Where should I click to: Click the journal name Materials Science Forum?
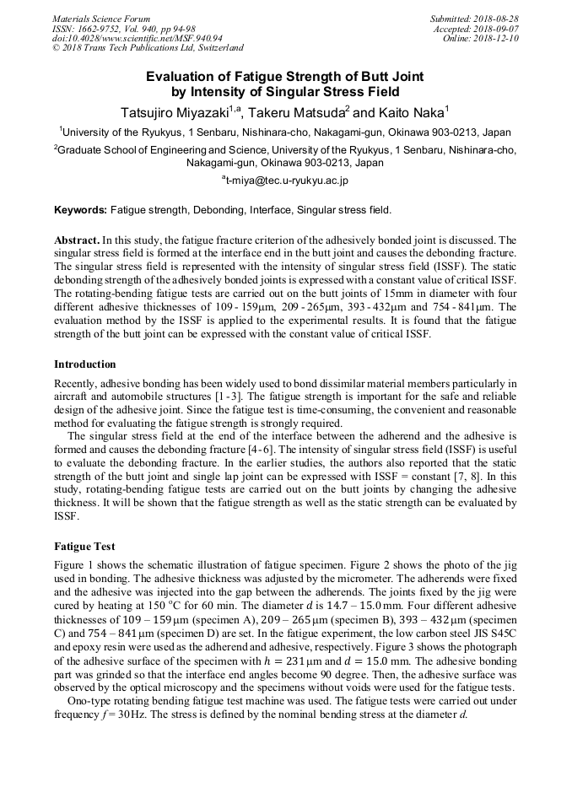point(101,19)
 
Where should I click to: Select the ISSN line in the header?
point(124,29)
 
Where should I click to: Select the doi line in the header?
point(138,38)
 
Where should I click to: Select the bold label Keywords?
point(80,209)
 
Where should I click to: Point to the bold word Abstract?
point(77,240)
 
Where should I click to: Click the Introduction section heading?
point(85,364)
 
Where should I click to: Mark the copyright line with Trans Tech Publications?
point(148,48)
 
